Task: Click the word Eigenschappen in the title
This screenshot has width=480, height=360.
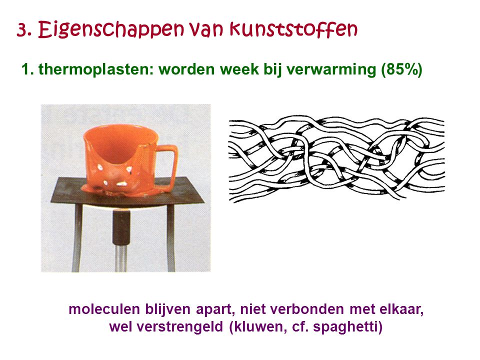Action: click(x=111, y=29)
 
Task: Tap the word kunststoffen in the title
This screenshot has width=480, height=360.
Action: click(x=293, y=29)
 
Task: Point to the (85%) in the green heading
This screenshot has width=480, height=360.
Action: click(x=401, y=69)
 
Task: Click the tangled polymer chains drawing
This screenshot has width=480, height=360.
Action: click(x=336, y=158)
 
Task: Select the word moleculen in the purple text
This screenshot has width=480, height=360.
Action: click(x=104, y=309)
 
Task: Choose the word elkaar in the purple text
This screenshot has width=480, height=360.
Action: click(x=401, y=309)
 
